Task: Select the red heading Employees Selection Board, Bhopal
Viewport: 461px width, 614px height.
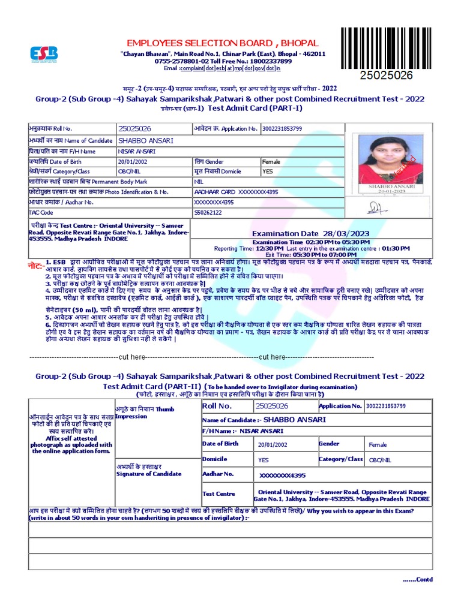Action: (214, 43)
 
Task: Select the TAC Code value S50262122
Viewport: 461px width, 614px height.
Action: (208, 212)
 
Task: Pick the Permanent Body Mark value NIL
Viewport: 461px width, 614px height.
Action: (199, 181)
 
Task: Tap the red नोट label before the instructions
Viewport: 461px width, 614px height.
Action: (35, 264)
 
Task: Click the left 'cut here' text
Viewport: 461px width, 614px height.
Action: (132, 357)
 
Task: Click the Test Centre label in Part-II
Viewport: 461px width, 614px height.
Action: (218, 494)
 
